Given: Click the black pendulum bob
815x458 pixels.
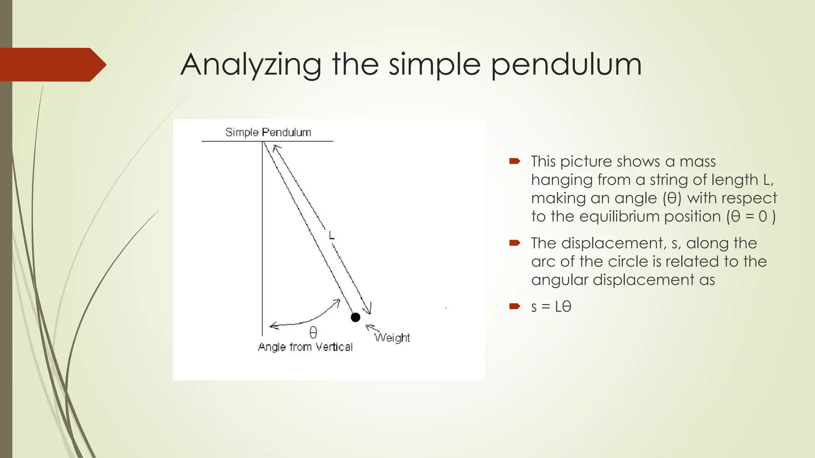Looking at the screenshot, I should click(355, 317).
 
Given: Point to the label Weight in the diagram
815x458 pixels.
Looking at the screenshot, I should click(392, 338).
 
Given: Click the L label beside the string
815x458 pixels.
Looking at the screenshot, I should click(331, 236).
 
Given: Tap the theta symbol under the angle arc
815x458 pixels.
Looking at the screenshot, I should click(313, 332).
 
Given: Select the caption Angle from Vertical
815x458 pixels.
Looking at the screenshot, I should click(305, 347).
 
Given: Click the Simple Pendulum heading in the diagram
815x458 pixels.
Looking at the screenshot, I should click(268, 132).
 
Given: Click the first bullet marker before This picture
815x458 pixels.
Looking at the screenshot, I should click(515, 161).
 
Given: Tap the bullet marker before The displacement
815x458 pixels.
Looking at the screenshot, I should click(515, 243).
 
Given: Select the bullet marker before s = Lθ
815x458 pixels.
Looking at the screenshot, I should click(515, 306).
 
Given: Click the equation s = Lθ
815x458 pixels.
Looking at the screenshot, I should click(551, 307).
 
